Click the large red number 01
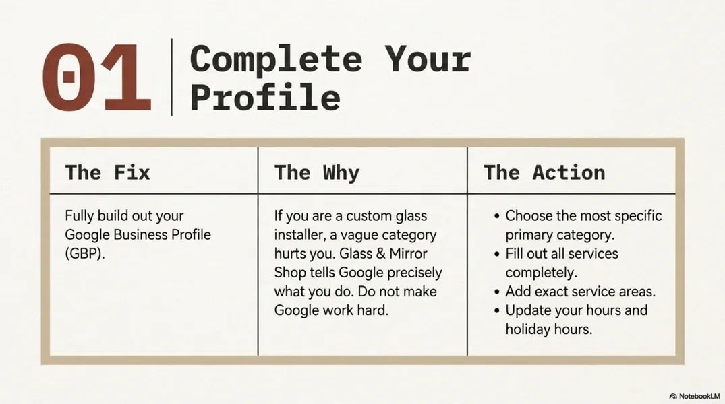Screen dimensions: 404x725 click(x=96, y=78)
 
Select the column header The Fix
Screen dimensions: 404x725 click(x=107, y=172)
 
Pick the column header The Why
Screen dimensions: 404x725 click(x=316, y=172)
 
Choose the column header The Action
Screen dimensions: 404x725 click(x=544, y=172)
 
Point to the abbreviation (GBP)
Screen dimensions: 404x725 click(x=85, y=254)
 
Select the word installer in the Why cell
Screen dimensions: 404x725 click(x=299, y=235)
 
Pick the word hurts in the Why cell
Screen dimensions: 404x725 click(x=292, y=254)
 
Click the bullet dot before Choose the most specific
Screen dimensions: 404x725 click(x=497, y=217)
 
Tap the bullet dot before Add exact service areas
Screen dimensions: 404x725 click(x=497, y=292)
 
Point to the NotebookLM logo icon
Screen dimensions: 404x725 click(x=673, y=396)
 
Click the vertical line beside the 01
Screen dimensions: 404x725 click(x=172, y=77)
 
